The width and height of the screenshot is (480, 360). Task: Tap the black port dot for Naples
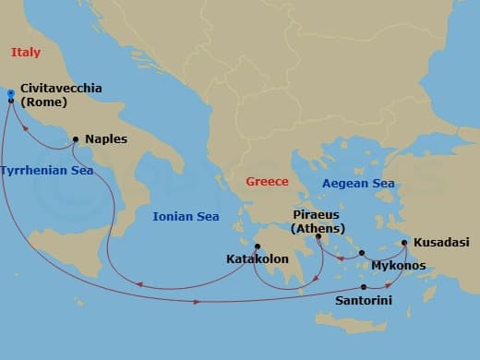(x=75, y=139)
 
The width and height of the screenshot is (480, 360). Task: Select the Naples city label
(x=106, y=139)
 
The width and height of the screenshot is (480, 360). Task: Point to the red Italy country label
(x=26, y=53)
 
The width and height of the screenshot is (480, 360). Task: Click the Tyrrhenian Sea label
(x=46, y=171)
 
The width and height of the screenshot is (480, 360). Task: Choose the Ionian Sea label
(x=186, y=216)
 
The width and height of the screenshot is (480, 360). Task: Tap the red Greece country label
(x=267, y=182)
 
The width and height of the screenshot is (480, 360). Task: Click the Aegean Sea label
(x=358, y=184)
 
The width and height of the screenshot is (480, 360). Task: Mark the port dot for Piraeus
(x=318, y=236)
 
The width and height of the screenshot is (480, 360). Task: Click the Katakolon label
(x=258, y=260)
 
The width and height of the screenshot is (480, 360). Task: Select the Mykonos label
(x=397, y=266)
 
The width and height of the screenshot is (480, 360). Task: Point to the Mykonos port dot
(x=362, y=253)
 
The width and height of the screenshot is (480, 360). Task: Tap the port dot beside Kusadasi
(x=405, y=244)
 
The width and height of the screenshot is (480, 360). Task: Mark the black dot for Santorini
(x=364, y=287)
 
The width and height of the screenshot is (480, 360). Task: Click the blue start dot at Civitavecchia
(x=10, y=92)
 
